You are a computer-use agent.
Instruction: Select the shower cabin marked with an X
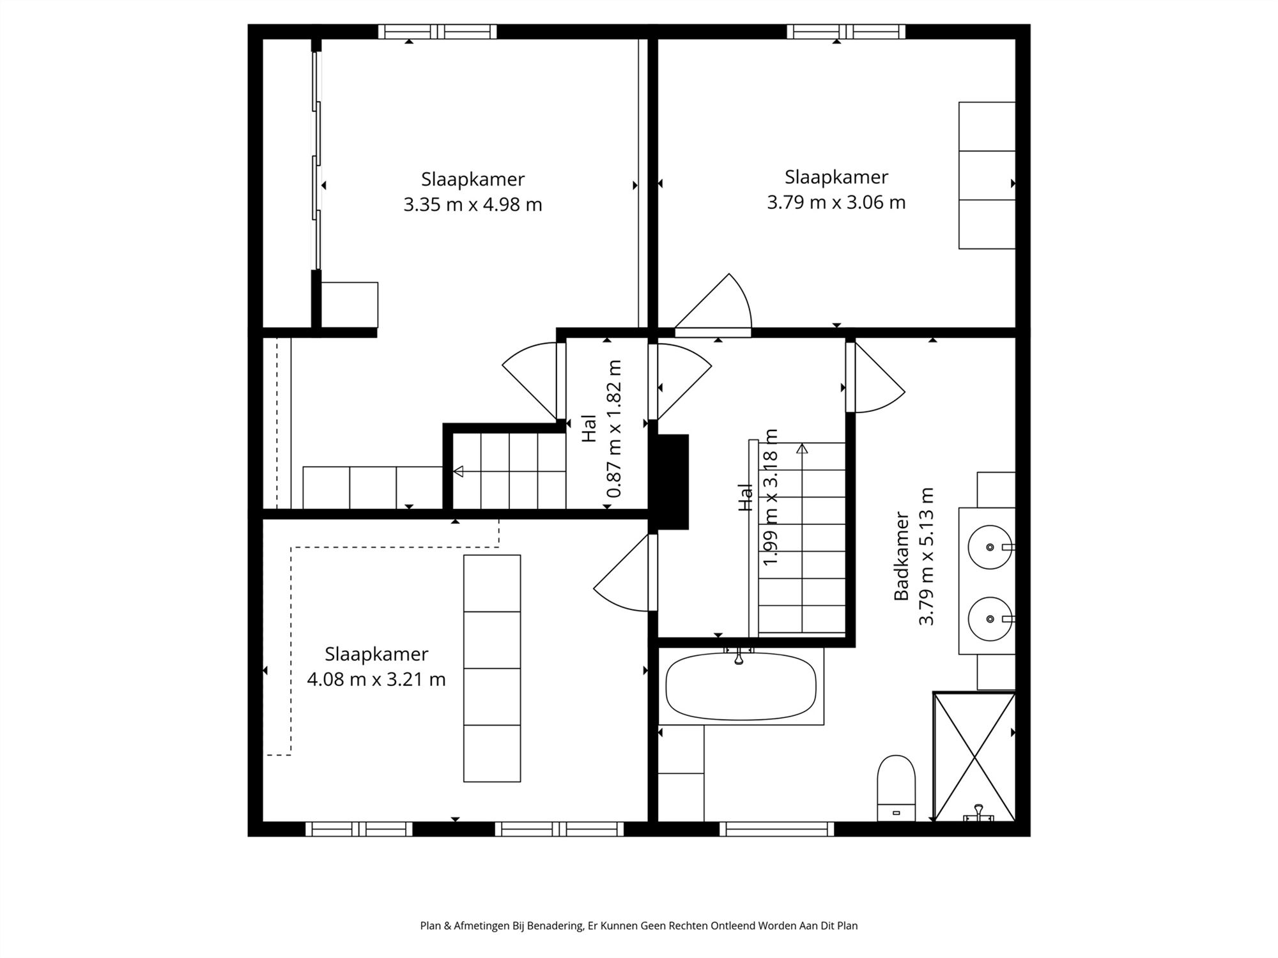click(x=974, y=756)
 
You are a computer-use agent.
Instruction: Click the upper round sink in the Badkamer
click(x=990, y=547)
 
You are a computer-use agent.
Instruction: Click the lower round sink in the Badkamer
click(x=990, y=619)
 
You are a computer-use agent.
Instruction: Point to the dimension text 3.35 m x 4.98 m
click(x=472, y=205)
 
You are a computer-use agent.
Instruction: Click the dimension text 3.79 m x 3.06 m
click(x=836, y=202)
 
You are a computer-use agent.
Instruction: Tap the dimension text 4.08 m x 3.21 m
click(x=376, y=679)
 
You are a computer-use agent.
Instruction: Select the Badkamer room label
click(x=901, y=556)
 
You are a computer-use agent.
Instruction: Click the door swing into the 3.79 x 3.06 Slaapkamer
click(x=716, y=307)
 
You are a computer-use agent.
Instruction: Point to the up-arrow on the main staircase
click(x=802, y=449)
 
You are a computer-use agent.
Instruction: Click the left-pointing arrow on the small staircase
click(x=458, y=471)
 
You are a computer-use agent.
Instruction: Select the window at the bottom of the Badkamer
click(x=776, y=829)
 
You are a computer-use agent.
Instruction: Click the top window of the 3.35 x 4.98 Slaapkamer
click(x=437, y=31)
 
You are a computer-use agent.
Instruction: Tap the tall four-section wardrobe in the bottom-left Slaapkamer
click(x=491, y=668)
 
